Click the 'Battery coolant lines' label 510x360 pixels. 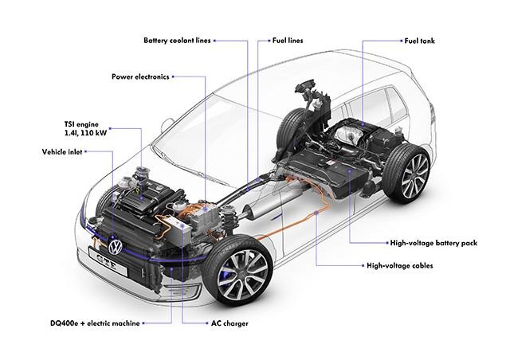tap(177, 41)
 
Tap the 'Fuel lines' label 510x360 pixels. tap(288, 41)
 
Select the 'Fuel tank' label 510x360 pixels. tap(419, 41)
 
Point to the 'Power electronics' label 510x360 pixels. tap(140, 76)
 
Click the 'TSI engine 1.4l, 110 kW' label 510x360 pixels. tap(85, 128)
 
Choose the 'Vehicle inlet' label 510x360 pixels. tap(62, 152)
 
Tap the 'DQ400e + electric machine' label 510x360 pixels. tap(95, 323)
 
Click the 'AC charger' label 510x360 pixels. tap(229, 323)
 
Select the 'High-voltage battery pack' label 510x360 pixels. tap(433, 243)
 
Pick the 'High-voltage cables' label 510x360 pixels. tap(400, 266)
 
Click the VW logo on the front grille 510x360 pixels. tap(115, 247)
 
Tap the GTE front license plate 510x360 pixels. tap(108, 260)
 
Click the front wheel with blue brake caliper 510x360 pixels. tap(237, 271)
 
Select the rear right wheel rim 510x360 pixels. tap(415, 176)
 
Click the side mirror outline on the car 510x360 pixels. tap(167, 126)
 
